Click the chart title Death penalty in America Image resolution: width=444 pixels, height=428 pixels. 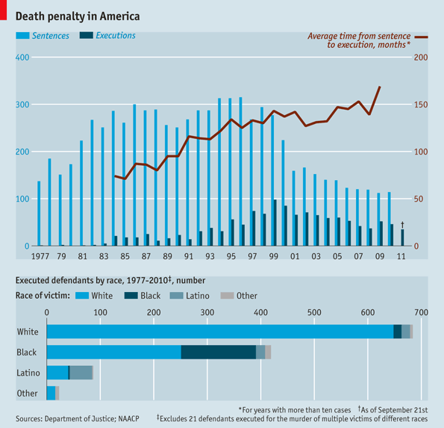point(78,16)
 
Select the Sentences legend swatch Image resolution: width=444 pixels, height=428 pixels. point(22,35)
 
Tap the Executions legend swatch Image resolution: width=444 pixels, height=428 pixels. point(87,35)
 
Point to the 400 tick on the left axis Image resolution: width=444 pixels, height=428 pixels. point(22,58)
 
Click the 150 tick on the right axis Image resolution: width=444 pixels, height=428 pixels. point(421,105)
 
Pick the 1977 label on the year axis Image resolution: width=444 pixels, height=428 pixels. point(40,256)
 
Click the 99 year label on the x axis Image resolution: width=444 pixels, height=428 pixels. point(274,256)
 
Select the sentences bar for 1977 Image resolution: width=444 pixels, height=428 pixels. point(39,213)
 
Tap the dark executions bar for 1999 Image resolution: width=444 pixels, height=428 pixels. point(275,223)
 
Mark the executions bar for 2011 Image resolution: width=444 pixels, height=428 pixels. point(402,238)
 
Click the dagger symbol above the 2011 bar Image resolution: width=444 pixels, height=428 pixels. point(402,225)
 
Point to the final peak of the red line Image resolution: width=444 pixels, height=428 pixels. point(380,87)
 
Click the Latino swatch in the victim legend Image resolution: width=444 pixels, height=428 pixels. point(176,296)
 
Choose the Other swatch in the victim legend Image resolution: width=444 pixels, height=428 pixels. point(227,296)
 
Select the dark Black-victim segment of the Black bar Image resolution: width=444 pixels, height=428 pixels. point(219,352)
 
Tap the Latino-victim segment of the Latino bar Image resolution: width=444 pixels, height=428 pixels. point(81,373)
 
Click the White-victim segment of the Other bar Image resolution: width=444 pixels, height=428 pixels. point(51,393)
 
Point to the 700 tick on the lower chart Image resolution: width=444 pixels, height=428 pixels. point(422,312)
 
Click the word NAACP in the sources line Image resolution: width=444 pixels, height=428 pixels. point(129,418)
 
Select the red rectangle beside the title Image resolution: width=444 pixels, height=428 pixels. point(3,10)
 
